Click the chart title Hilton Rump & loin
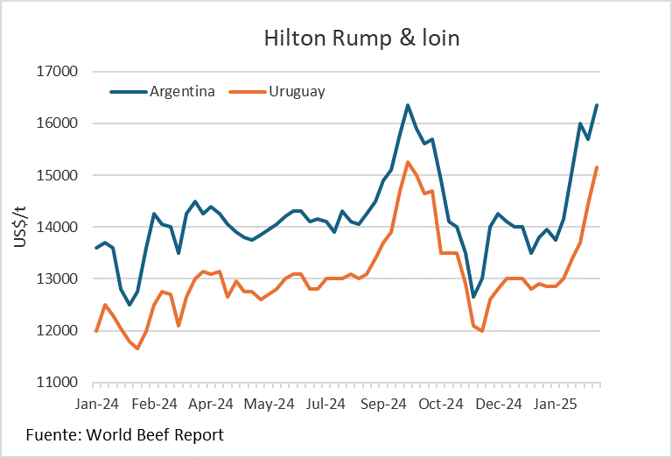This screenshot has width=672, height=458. coord(361,39)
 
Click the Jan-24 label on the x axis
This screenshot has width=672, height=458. coord(96,405)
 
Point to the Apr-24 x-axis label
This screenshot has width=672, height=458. coord(211,405)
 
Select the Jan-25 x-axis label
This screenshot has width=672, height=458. coord(556,405)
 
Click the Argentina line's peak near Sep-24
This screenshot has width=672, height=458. coord(408,105)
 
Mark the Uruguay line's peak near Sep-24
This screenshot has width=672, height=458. coord(408,162)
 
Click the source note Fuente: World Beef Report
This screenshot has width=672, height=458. coord(125,434)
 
